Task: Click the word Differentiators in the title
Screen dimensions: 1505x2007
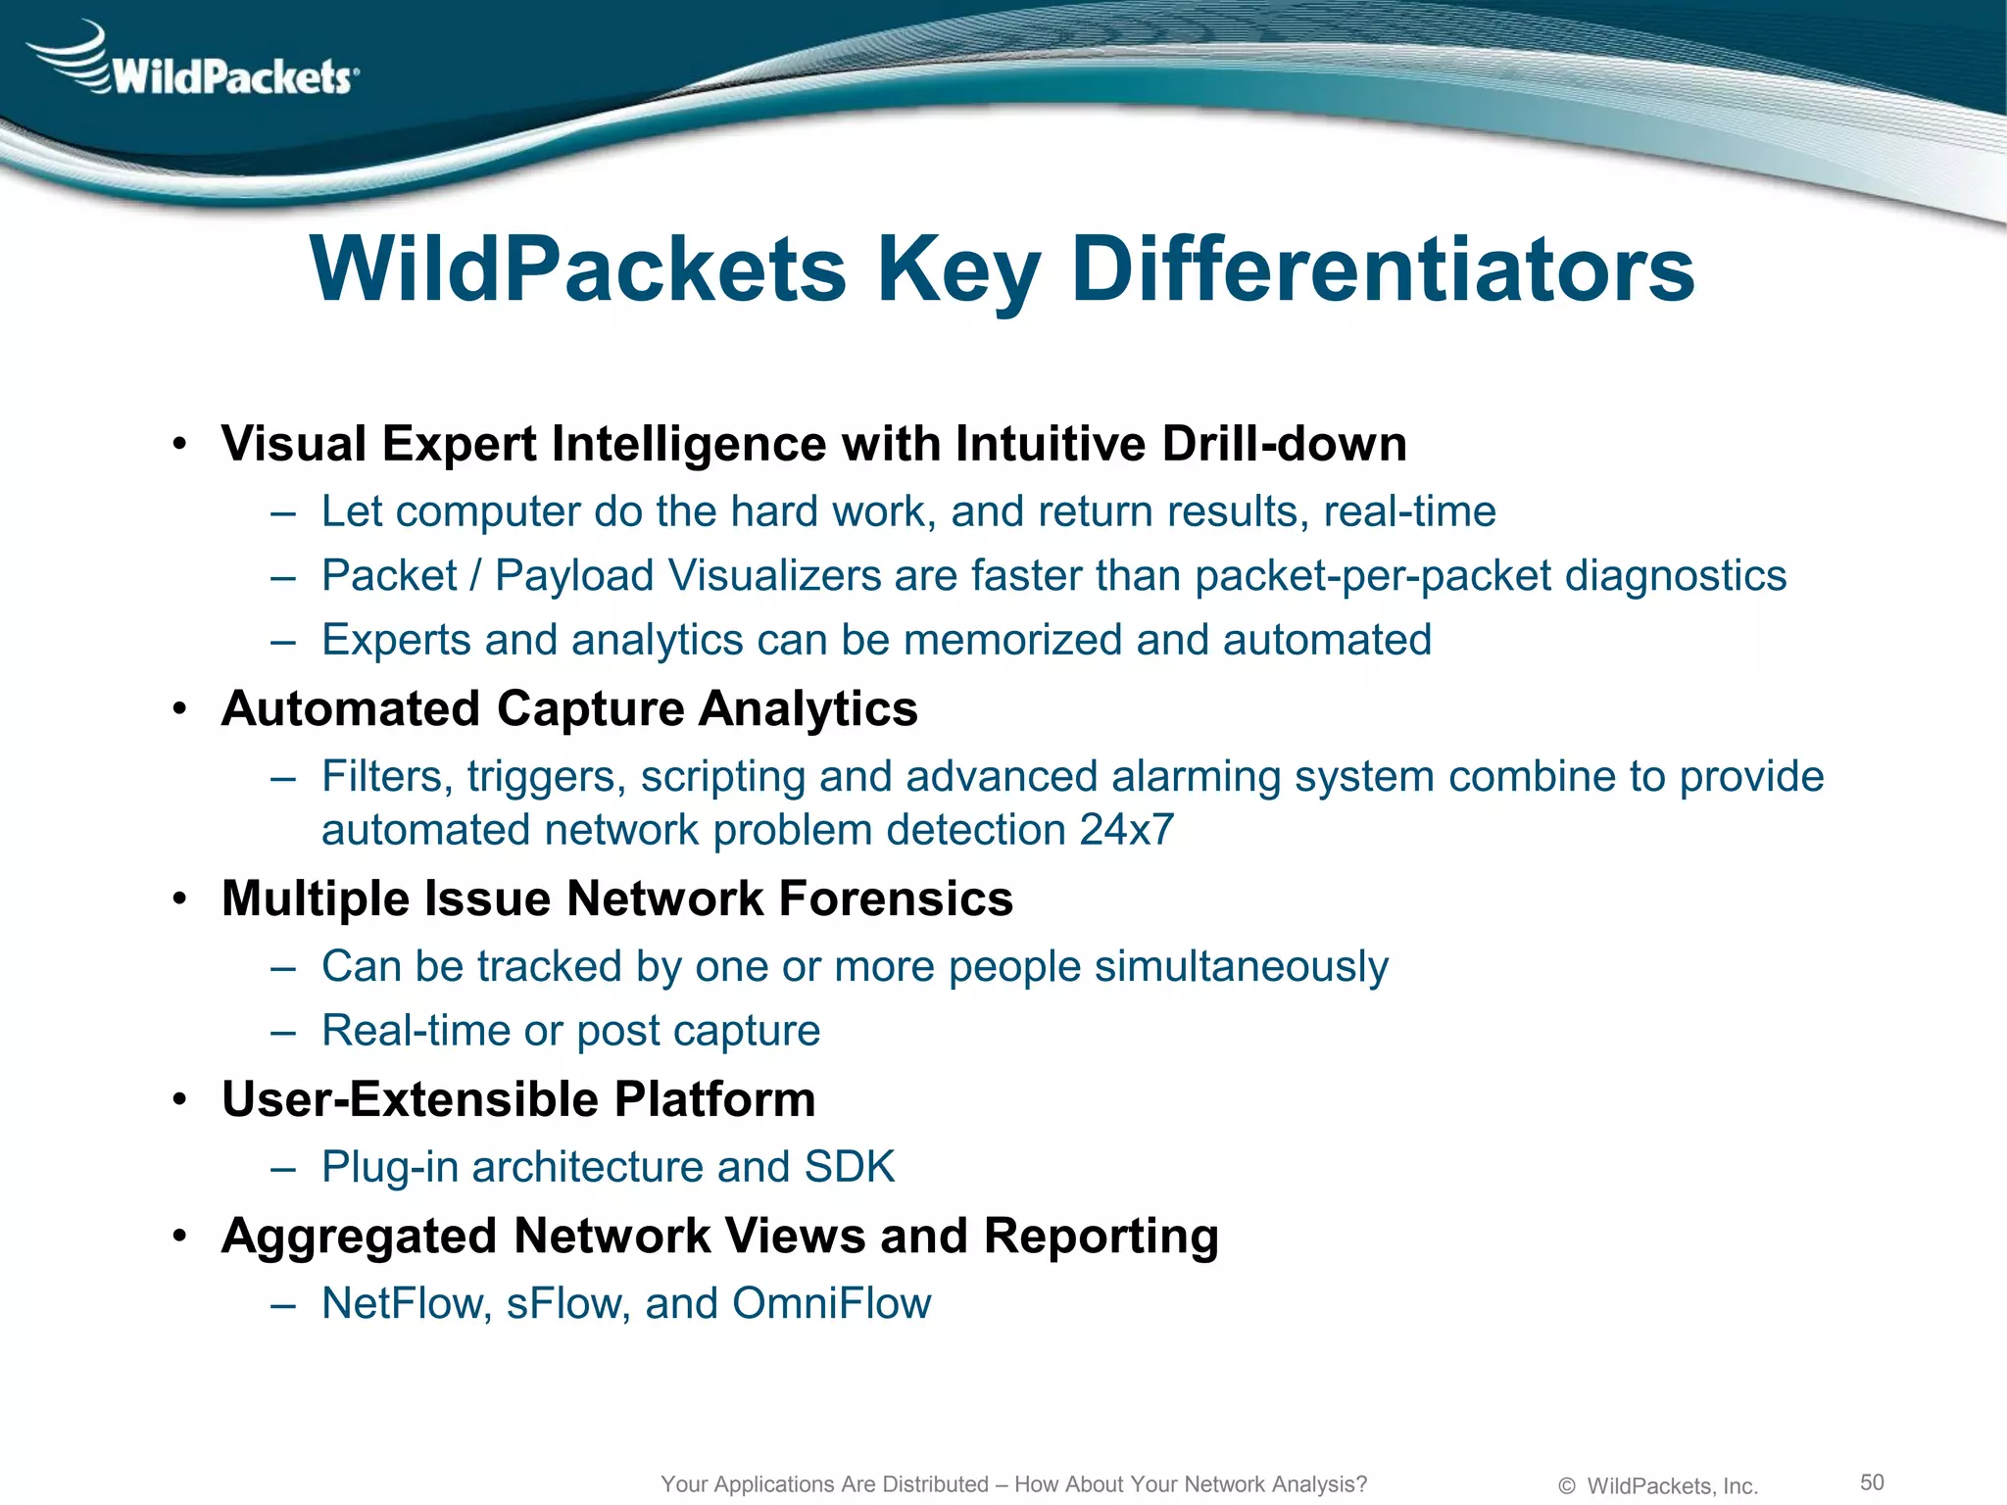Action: coord(1383,269)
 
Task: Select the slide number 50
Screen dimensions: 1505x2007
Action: coord(1872,1481)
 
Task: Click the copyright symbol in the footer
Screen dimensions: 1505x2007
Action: coord(1566,1486)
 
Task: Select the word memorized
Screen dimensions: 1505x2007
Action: coord(1012,640)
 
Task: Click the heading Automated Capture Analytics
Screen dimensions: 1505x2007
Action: coord(569,708)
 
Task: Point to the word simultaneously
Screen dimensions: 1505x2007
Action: coord(1241,967)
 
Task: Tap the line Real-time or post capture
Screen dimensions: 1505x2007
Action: coord(570,1031)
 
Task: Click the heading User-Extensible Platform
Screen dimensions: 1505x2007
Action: coord(518,1099)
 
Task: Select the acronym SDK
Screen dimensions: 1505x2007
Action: coord(849,1167)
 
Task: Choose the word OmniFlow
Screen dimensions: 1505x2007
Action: coord(831,1303)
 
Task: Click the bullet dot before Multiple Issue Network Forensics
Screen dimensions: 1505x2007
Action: coord(178,899)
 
